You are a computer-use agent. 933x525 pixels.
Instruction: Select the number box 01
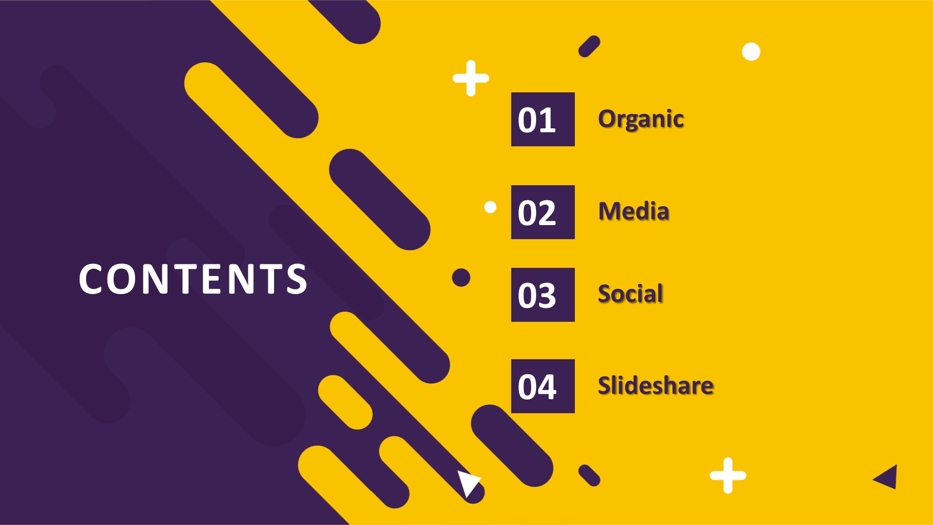[543, 119]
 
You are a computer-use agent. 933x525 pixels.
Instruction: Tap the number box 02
[543, 212]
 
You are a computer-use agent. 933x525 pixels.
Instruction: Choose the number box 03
[543, 295]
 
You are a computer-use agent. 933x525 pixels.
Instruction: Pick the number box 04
[543, 386]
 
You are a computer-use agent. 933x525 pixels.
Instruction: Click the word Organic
[641, 120]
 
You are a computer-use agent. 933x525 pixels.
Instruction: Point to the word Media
[634, 211]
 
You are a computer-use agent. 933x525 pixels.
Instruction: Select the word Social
[630, 294]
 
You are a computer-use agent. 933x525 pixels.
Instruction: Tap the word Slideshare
[656, 385]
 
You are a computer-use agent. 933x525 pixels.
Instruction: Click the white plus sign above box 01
[470, 78]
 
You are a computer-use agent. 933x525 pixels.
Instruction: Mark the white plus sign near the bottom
[727, 475]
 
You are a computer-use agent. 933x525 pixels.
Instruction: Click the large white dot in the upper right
[751, 52]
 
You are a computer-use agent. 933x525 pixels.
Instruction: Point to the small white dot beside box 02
[490, 208]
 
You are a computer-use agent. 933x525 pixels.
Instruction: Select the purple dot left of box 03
[461, 278]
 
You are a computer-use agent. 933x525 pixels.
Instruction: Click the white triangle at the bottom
[467, 482]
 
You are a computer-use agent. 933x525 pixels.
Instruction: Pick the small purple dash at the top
[589, 46]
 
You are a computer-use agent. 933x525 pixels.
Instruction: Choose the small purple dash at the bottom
[589, 475]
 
